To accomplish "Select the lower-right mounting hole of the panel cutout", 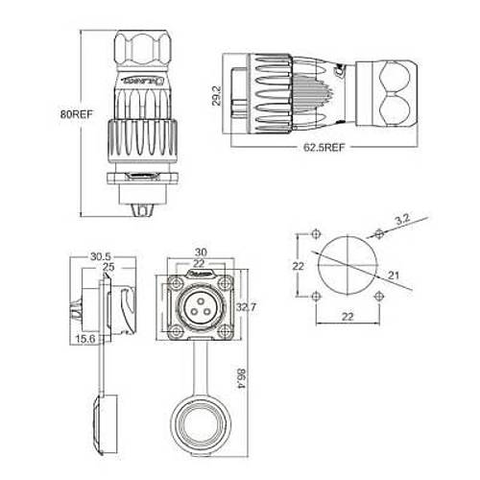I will coord(381,297).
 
